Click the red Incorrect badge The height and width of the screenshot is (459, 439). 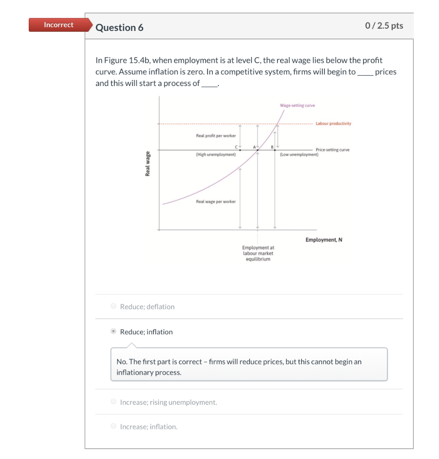[58, 25]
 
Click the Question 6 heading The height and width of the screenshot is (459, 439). [119, 28]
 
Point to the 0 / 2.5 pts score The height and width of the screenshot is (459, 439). [384, 26]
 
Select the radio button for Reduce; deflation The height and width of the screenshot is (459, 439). [114, 307]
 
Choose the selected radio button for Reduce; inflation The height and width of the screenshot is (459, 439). [114, 332]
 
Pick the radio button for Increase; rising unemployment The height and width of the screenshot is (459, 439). [114, 402]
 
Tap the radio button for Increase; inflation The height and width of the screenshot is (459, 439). [114, 427]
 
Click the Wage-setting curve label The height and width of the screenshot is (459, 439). [297, 106]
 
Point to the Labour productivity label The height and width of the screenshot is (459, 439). [334, 124]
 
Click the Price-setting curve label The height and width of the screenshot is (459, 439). [332, 150]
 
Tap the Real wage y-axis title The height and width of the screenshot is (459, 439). [147, 164]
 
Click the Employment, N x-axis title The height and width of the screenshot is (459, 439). [324, 240]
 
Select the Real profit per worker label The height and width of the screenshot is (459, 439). [216, 136]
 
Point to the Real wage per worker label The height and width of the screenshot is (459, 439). [216, 202]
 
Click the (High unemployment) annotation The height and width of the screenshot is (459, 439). [216, 155]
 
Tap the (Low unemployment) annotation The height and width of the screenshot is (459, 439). [299, 155]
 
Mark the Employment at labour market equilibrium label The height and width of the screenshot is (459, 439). [258, 253]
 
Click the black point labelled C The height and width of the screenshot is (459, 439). [240, 150]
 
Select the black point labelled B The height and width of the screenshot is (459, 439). [275, 150]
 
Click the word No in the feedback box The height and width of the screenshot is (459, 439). [121, 361]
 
